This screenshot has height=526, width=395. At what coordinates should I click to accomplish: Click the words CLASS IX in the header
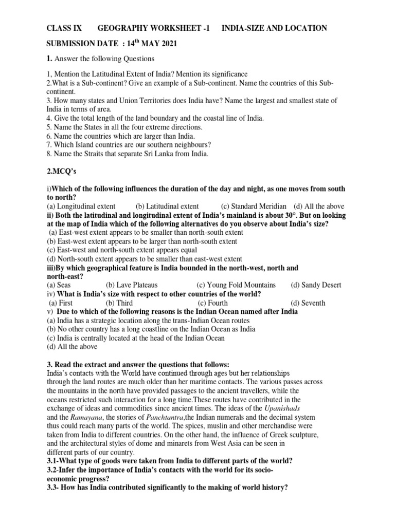(x=64, y=28)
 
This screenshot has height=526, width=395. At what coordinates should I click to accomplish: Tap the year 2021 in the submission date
(x=167, y=44)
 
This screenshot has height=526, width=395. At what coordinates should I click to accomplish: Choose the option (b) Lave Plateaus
(x=132, y=285)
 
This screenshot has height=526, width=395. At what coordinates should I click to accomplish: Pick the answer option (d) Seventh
(x=308, y=303)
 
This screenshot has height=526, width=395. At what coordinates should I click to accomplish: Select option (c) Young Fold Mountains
(x=236, y=285)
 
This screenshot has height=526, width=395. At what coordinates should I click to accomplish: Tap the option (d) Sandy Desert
(x=316, y=285)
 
